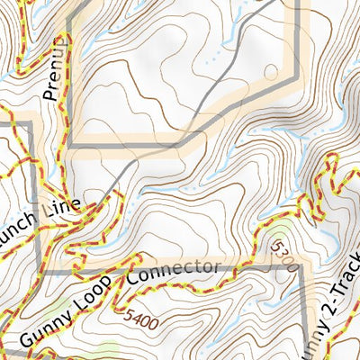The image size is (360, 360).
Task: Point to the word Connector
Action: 173,272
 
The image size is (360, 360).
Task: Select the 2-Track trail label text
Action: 343,292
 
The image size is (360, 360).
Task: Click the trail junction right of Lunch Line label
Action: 102,207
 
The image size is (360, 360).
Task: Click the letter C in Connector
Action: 134,279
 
